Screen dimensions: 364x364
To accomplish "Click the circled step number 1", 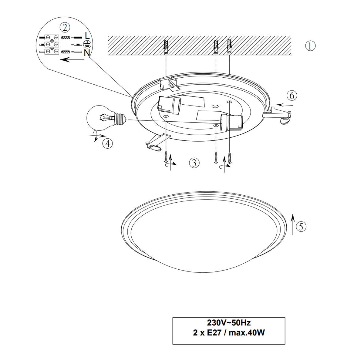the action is (310, 46).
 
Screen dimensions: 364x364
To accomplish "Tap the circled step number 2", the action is (65, 28).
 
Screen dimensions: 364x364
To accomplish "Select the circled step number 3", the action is (194, 163).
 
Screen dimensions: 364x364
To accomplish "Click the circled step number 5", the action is (301, 226).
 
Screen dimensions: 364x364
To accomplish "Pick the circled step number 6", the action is (292, 96).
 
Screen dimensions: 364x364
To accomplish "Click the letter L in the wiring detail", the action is (87, 35).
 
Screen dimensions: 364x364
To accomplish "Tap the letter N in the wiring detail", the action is (87, 53).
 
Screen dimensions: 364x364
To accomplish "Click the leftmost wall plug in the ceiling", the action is (166, 47).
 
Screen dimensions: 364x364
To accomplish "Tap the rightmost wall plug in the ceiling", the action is (229, 46).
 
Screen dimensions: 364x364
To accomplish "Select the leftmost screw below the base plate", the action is (166, 157).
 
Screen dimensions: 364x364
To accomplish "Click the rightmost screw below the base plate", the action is (230, 158).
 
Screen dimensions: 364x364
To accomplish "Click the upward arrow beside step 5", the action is (293, 224).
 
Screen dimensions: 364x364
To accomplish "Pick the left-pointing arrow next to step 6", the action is (285, 105).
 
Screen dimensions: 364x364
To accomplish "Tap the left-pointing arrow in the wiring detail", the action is (72, 60).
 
